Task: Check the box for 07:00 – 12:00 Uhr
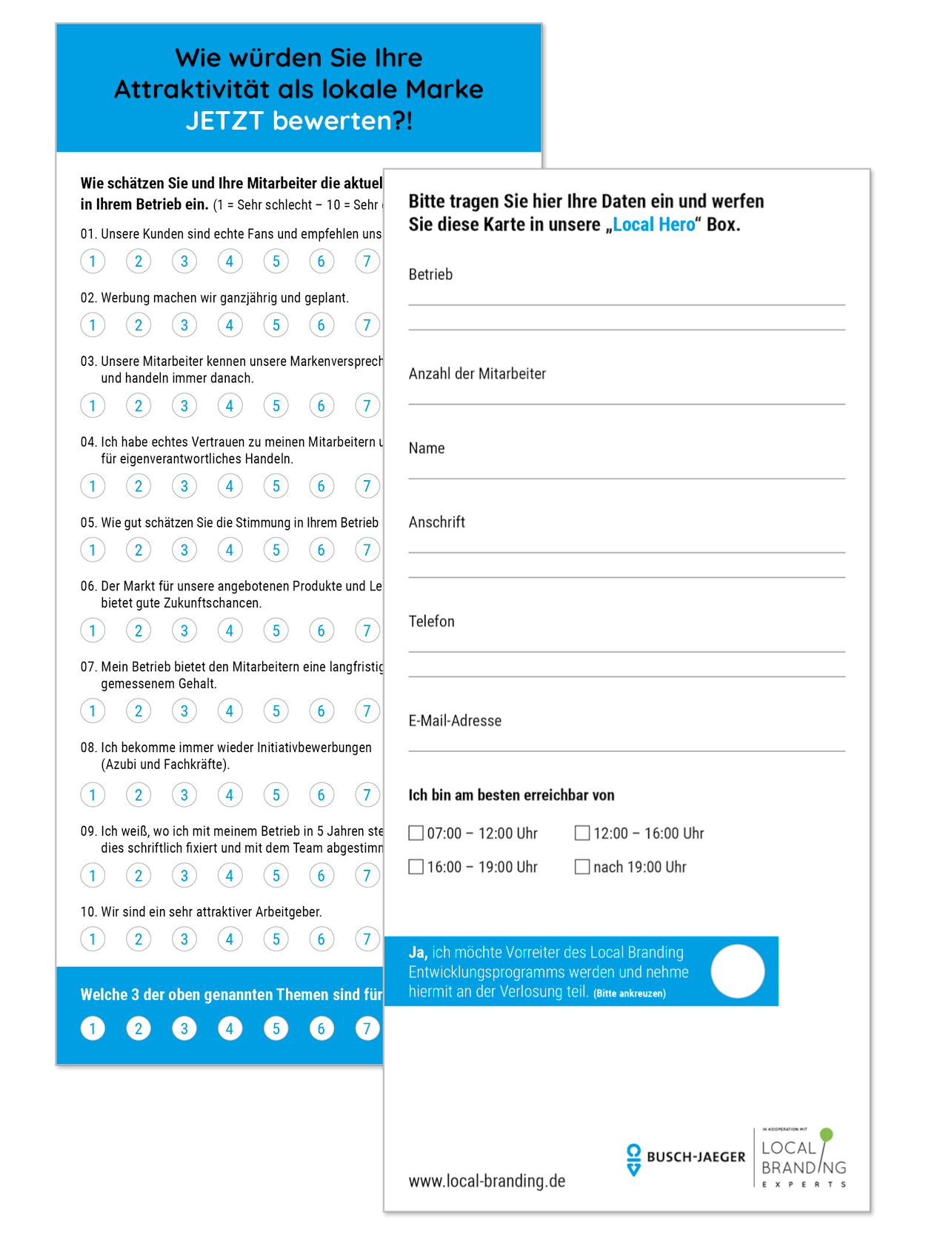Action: (x=416, y=833)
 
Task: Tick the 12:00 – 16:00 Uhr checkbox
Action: (x=582, y=833)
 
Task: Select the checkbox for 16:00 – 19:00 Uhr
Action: (x=416, y=867)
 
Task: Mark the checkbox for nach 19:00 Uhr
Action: (x=582, y=867)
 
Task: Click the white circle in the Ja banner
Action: (x=737, y=971)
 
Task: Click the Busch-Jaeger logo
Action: (x=686, y=1157)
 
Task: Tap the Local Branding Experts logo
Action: (x=804, y=1157)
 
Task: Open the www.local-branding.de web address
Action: (x=487, y=1181)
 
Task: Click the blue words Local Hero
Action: (x=654, y=224)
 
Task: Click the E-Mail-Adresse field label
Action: (x=455, y=721)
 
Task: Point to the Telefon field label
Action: (x=431, y=622)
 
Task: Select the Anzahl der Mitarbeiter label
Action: (x=477, y=374)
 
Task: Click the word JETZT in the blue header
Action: (x=224, y=120)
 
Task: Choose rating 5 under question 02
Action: (x=276, y=325)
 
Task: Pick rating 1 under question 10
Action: (x=93, y=939)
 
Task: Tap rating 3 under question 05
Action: (x=184, y=550)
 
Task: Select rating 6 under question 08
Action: (x=321, y=795)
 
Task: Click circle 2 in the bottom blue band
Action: (x=139, y=1028)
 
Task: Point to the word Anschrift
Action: (x=437, y=522)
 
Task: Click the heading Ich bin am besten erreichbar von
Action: (x=511, y=795)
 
